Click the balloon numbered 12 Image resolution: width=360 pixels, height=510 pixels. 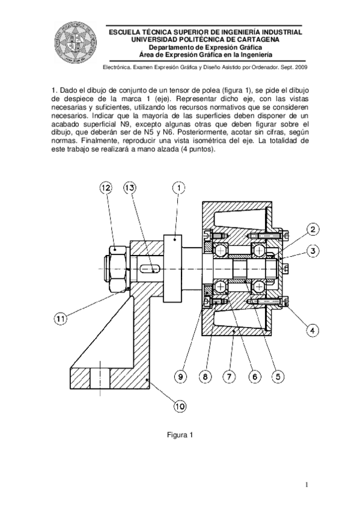click(x=106, y=188)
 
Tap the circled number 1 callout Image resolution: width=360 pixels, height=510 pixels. click(x=179, y=188)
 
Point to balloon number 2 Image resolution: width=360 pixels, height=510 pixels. click(x=314, y=229)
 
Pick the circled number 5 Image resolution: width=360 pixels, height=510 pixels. click(x=277, y=376)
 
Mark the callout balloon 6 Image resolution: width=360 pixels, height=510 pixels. click(x=253, y=376)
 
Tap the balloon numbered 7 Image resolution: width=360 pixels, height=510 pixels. click(x=228, y=376)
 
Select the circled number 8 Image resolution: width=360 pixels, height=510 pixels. click(x=205, y=376)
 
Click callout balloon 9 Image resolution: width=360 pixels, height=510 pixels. click(x=182, y=376)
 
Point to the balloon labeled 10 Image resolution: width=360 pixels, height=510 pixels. click(x=179, y=407)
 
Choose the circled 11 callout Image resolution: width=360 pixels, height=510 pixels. click(x=60, y=319)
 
